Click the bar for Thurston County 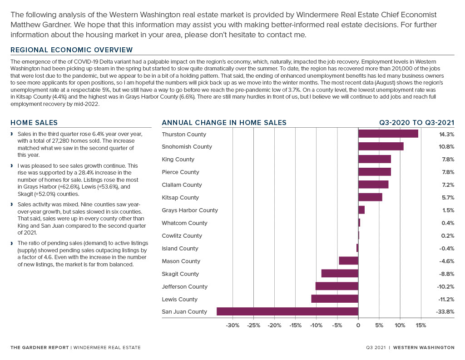click(388, 134)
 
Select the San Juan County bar click(287, 311)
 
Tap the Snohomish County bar click(381, 146)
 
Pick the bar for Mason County click(348, 260)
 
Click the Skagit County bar click(340, 273)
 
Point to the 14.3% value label click(447, 134)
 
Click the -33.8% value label click(445, 312)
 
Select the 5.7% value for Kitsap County click(448, 197)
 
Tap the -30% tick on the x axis click(232, 325)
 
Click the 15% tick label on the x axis click(421, 325)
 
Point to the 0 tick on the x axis click(358, 325)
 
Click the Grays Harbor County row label click(190, 210)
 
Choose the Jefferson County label click(184, 287)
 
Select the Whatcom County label click(184, 223)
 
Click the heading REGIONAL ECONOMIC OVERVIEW click(71, 50)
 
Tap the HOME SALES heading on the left click(34, 123)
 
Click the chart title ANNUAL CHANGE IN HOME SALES click(224, 123)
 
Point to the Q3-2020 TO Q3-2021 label click(417, 123)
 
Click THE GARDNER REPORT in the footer click(40, 348)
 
